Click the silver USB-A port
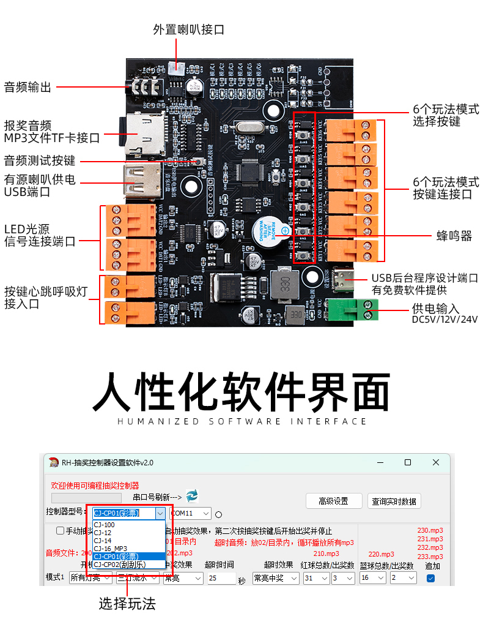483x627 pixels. [142, 181]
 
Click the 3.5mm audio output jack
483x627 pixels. [142, 87]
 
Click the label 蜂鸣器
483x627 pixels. [454, 236]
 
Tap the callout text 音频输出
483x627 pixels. [28, 87]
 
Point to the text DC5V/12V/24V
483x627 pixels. [444, 320]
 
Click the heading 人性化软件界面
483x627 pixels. [241, 391]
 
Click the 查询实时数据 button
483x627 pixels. [395, 501]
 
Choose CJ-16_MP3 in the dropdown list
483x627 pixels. [111, 548]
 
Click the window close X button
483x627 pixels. [435, 462]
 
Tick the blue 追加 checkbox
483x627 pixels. [430, 578]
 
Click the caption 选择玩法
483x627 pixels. [127, 604]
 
